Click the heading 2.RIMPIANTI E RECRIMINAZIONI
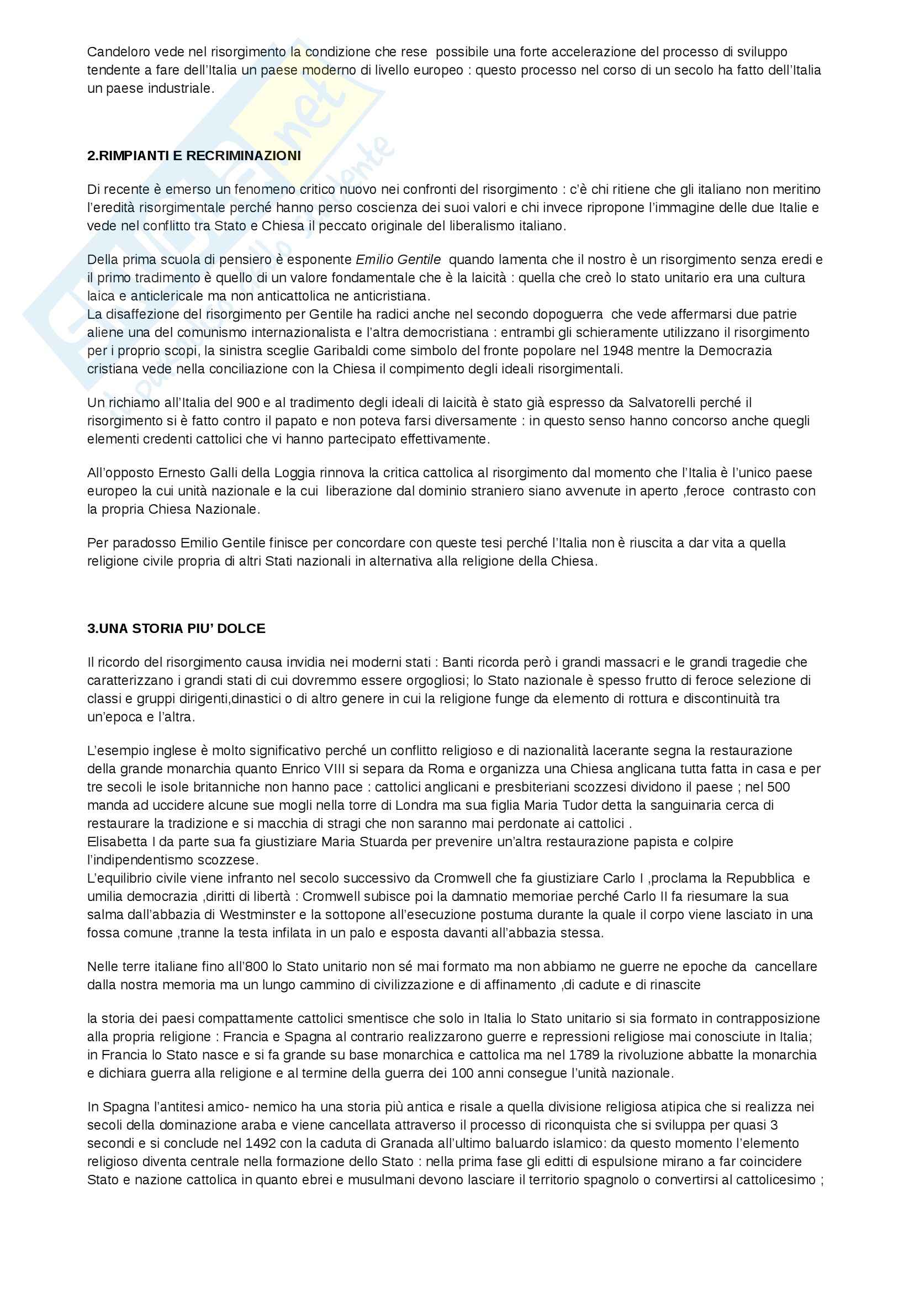coord(194,156)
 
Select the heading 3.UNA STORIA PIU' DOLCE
coord(176,629)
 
